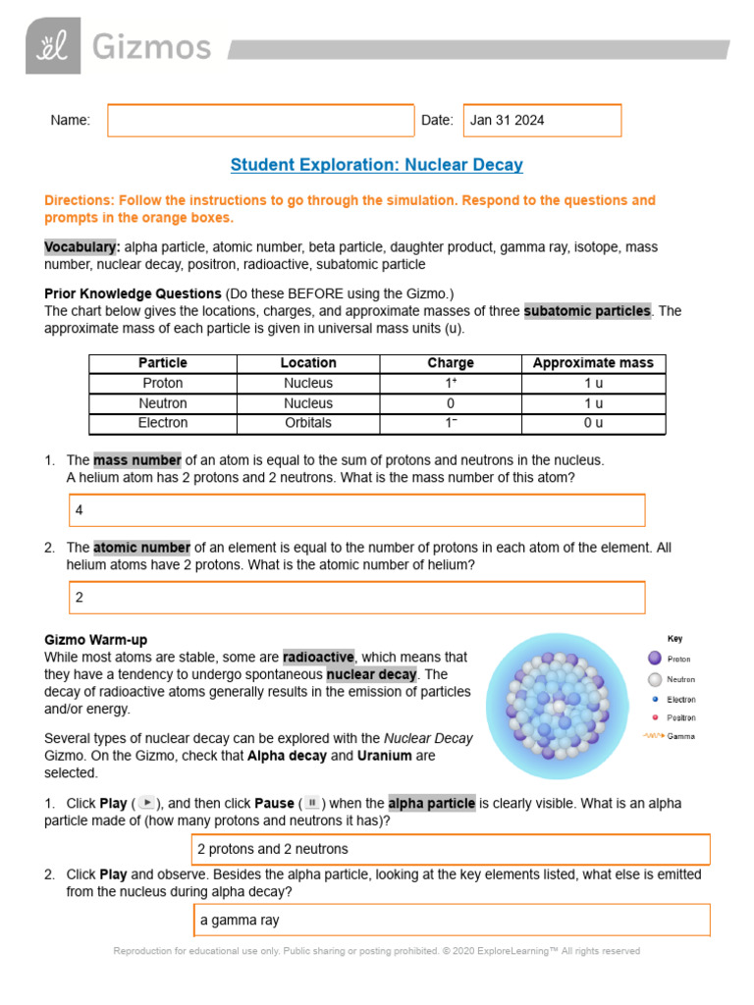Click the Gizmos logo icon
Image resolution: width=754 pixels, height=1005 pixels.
coord(53,46)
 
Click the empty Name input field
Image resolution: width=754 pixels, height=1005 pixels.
coord(260,120)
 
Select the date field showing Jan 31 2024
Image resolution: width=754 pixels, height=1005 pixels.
coord(542,120)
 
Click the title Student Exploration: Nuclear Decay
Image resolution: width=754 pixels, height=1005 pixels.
coord(376,165)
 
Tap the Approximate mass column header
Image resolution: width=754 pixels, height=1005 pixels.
coord(592,363)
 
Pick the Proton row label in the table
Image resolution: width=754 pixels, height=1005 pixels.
coord(163,384)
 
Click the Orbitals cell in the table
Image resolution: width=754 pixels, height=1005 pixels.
coord(308,423)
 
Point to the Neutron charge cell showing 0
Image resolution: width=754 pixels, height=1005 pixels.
coord(451,403)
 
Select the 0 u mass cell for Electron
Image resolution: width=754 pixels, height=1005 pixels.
coord(593,423)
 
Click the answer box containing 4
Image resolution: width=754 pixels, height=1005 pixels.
coord(356,510)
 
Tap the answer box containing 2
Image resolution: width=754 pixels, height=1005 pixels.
coord(356,598)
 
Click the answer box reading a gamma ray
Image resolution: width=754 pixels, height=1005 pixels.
coord(451,920)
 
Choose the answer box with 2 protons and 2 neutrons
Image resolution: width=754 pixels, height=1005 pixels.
coord(451,849)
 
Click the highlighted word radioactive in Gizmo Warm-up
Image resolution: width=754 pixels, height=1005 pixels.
coord(318,657)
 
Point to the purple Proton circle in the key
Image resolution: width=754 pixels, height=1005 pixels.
coord(655,659)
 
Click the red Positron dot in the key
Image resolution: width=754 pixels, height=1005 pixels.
coord(655,717)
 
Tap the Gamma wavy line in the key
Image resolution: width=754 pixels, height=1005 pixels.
coord(653,736)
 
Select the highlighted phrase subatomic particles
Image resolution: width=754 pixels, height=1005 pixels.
coord(587,311)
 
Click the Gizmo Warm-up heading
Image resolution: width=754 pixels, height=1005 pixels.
coord(96,639)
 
